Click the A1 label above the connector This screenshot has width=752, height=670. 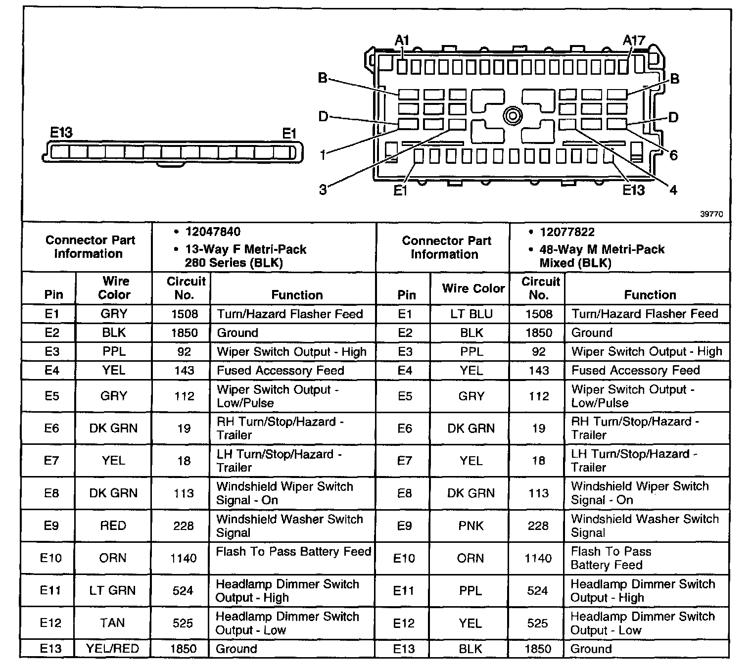coord(402,41)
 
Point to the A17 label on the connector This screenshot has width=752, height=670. coord(634,41)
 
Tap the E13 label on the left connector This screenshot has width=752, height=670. coord(61,133)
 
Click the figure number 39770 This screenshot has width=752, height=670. coord(711,214)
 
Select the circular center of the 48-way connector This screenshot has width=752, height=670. coord(513,117)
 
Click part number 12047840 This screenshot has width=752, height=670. coord(213,232)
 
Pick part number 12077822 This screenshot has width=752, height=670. coord(567,232)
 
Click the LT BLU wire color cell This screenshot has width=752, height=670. coord(471,314)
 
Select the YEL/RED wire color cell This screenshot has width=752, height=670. coord(112,648)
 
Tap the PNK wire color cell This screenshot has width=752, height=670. coord(471,526)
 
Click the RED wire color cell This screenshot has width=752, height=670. coord(113,526)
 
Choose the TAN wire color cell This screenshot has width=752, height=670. coord(112,622)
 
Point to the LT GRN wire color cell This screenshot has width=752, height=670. coord(112,590)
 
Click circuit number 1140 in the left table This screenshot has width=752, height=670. coord(184,558)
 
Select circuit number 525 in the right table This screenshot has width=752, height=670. coord(538,623)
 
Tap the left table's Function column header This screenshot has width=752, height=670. coord(297,295)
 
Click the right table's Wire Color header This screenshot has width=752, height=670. coord(473,288)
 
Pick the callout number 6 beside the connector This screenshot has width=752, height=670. coord(673,155)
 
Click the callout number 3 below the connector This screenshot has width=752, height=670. coord(323,190)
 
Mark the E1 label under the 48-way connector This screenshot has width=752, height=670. coord(400,191)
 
